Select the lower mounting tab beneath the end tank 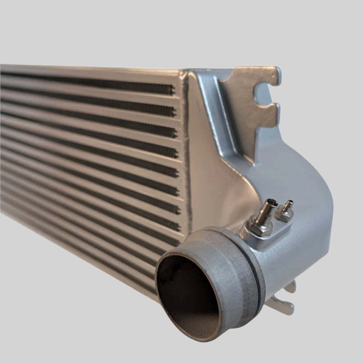pyautogui.click(x=284, y=305)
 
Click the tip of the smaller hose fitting pyautogui.click(x=291, y=202)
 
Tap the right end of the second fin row pyautogui.click(x=174, y=111)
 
